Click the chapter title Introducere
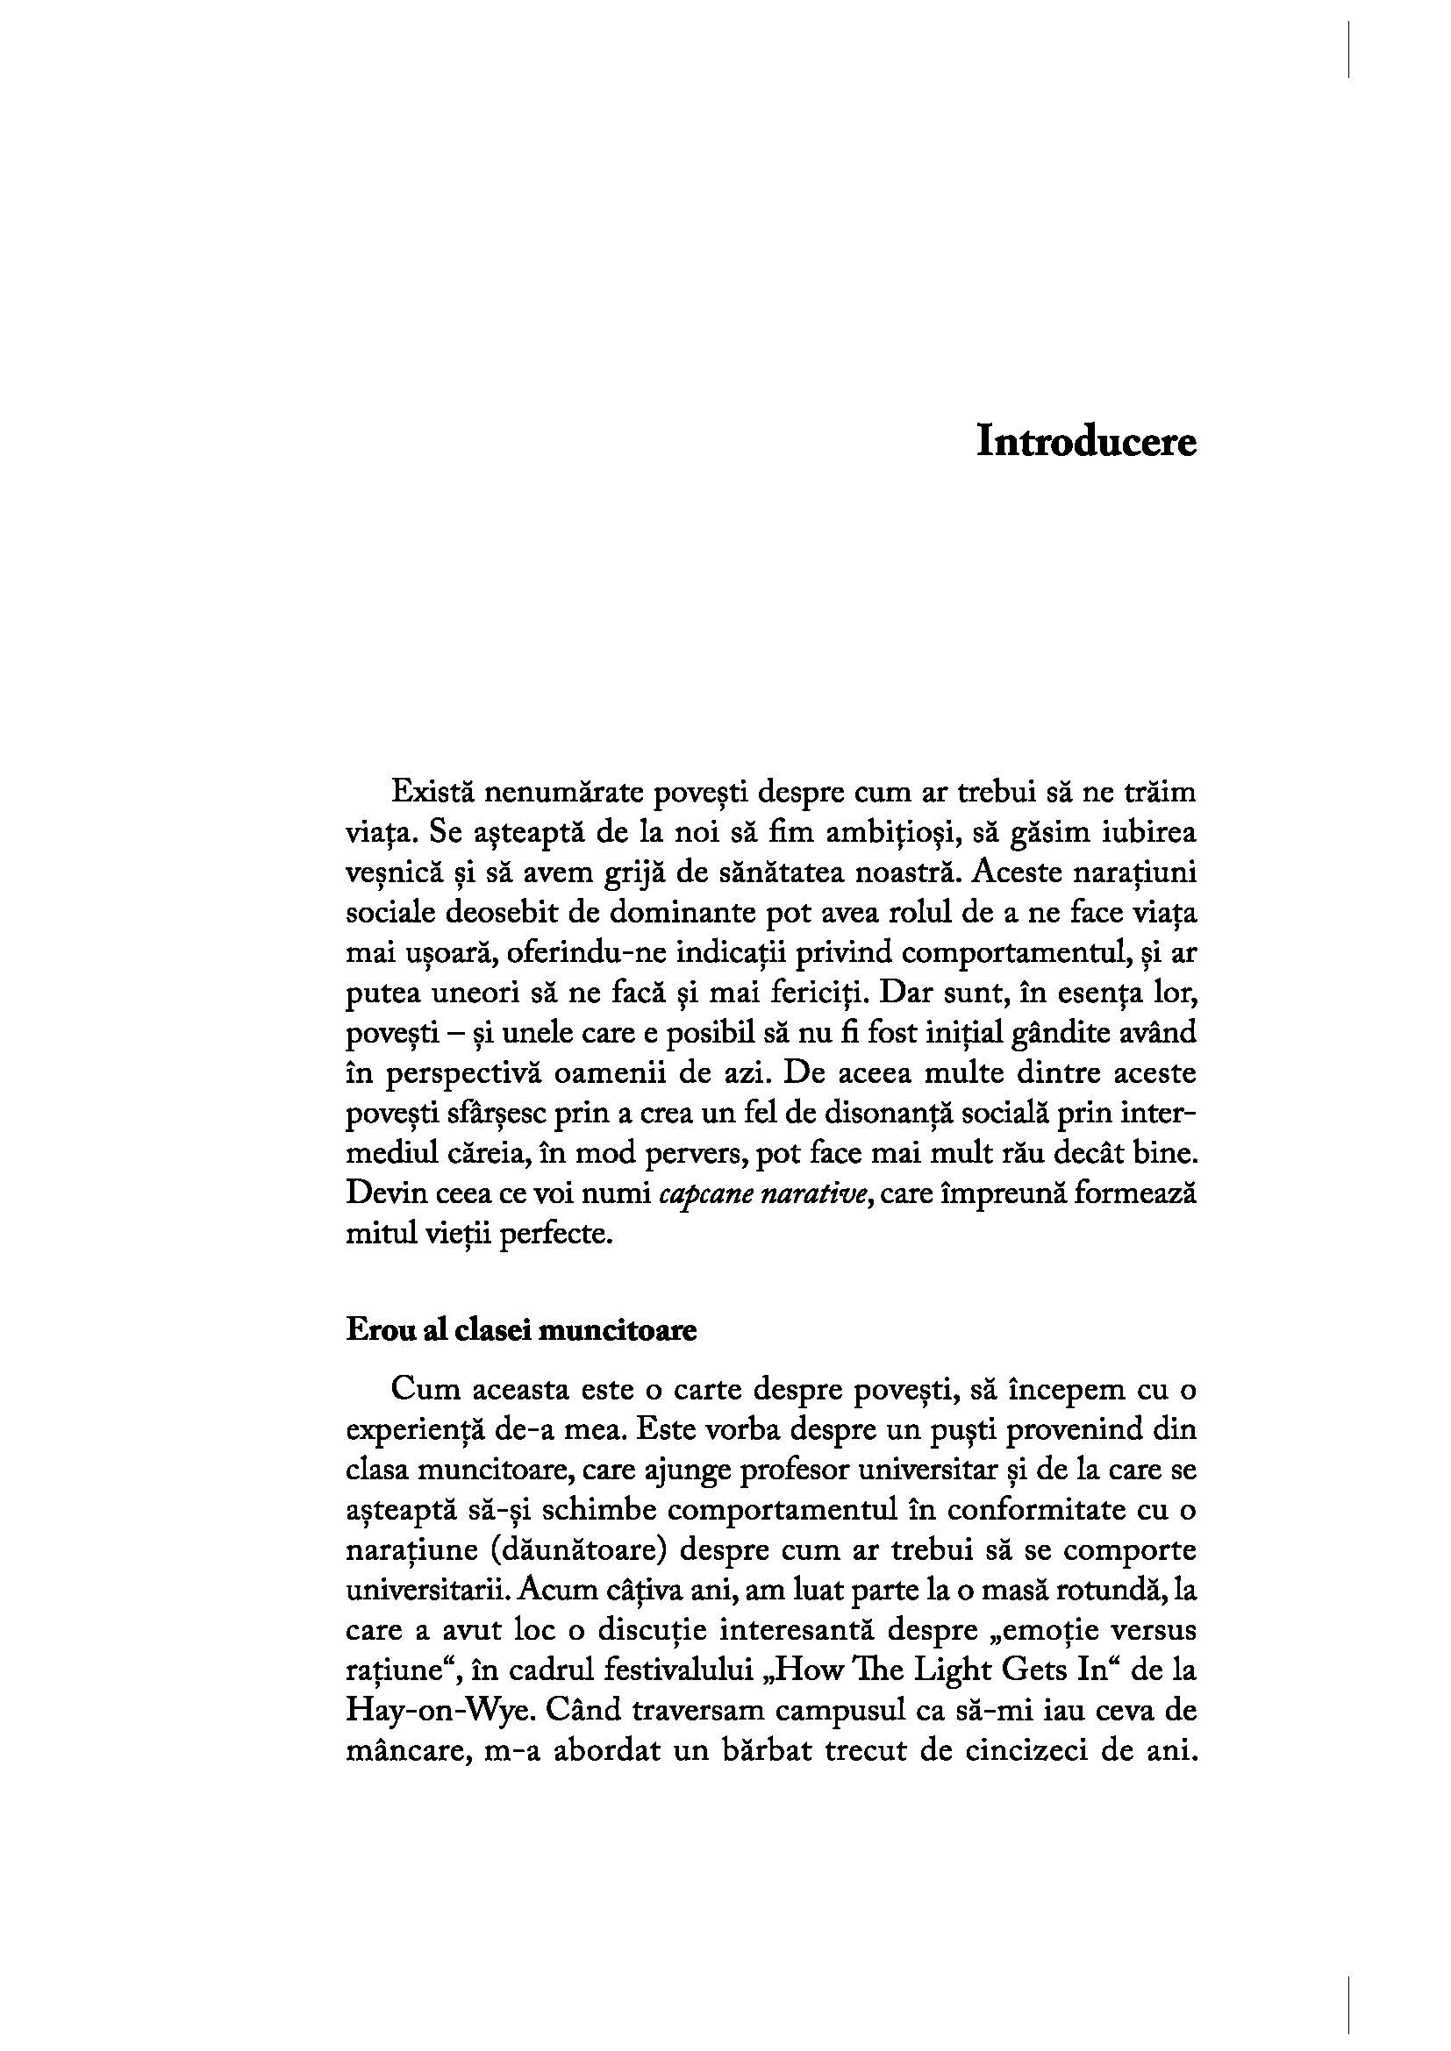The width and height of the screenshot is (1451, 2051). [1085, 442]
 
